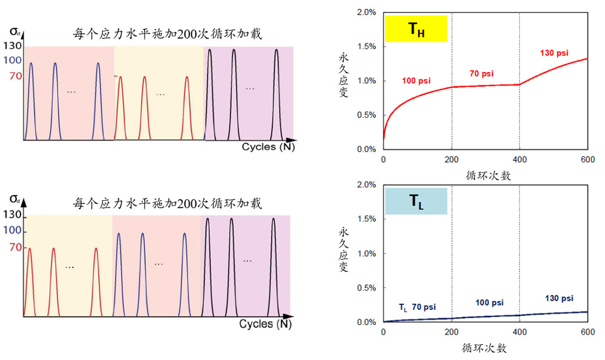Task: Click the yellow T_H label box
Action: tap(416, 28)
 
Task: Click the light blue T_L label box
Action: tap(416, 201)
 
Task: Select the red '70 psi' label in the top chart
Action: tap(482, 73)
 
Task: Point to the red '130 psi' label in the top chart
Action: tap(554, 53)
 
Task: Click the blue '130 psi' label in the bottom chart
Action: tap(559, 298)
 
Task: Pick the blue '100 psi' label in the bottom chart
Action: tap(489, 302)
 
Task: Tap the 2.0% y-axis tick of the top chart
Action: tap(366, 12)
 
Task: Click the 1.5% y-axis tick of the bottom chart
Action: tap(366, 219)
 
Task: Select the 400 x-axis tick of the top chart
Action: tap(520, 159)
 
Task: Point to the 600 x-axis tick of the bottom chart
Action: tap(587, 332)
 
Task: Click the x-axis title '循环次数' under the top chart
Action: tap(486, 175)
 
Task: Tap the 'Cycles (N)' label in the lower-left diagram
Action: tap(265, 324)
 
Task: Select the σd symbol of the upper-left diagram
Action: tap(15, 31)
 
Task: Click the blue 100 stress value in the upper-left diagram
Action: tap(13, 60)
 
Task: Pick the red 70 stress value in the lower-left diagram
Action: tap(15, 247)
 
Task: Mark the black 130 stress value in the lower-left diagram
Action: tap(13, 215)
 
